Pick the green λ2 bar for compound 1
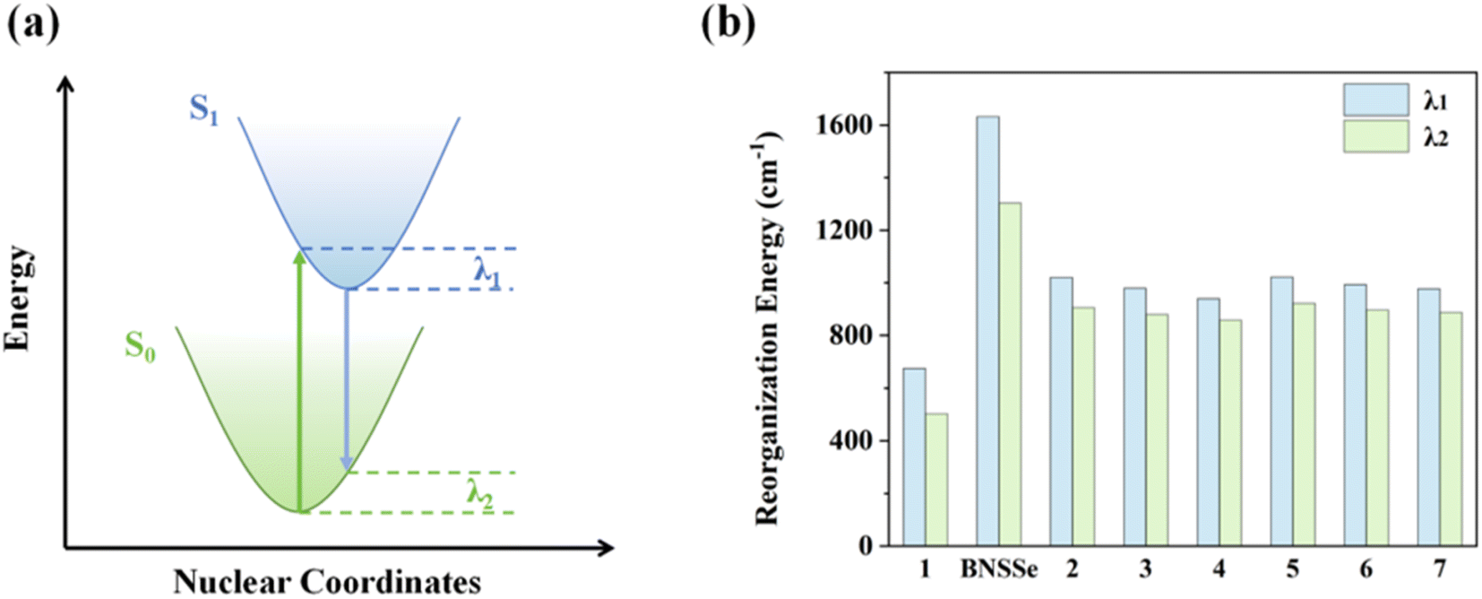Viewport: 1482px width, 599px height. [x=936, y=479]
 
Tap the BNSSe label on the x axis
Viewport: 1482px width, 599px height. [x=998, y=569]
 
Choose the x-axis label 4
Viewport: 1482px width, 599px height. [x=1219, y=569]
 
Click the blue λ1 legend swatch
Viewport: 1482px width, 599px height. [x=1375, y=100]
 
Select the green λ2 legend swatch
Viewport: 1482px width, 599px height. [x=1375, y=136]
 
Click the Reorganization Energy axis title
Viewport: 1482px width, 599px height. [x=768, y=327]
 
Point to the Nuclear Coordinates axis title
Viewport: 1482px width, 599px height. [x=327, y=581]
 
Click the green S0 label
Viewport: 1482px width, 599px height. [x=140, y=345]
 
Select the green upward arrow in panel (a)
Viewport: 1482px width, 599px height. [x=300, y=377]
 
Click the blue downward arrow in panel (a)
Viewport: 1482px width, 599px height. [x=348, y=377]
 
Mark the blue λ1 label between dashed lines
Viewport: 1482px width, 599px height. [x=487, y=270]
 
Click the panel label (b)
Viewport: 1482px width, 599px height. [x=728, y=24]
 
